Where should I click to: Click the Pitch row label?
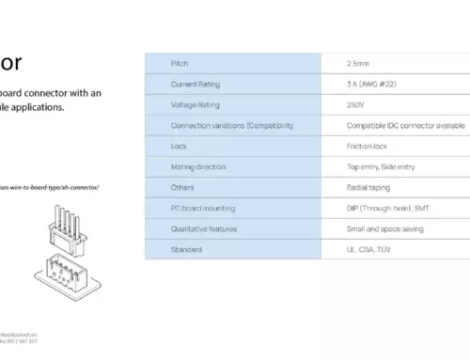[180, 63]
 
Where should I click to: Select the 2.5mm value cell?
[359, 63]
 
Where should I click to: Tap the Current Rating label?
[196, 84]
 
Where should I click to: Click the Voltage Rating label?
[196, 104]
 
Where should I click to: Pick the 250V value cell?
[357, 104]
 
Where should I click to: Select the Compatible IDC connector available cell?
[405, 125]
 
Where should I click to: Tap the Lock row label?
[179, 146]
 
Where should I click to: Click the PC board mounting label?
[203, 208]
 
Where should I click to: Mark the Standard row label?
[186, 249]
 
